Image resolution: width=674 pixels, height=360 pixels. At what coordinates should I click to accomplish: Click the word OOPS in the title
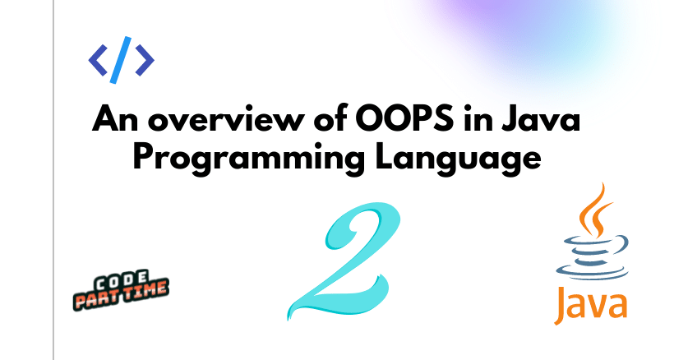tap(404, 118)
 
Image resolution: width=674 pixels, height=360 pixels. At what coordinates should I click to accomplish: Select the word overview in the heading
tap(226, 120)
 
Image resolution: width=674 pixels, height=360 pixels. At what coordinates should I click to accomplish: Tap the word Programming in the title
tap(249, 159)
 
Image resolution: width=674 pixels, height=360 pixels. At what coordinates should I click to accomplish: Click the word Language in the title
tap(458, 159)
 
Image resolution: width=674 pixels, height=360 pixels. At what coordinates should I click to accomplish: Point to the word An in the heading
tap(115, 118)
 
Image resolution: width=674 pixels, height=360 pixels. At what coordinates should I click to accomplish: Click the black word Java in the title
tap(540, 118)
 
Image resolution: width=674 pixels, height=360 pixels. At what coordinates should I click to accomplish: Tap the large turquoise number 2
tap(344, 261)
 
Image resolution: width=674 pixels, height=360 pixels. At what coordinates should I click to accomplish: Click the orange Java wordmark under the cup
tap(591, 304)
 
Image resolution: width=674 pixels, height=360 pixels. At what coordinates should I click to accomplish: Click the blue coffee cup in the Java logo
tap(593, 257)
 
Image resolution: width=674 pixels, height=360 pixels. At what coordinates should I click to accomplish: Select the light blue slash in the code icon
tap(120, 60)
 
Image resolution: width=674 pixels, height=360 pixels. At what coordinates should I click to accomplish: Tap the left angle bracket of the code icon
tap(98, 60)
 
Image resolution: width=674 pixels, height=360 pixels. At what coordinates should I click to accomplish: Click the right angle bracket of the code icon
tap(145, 60)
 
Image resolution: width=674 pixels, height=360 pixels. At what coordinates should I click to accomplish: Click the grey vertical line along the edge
tap(53, 180)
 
